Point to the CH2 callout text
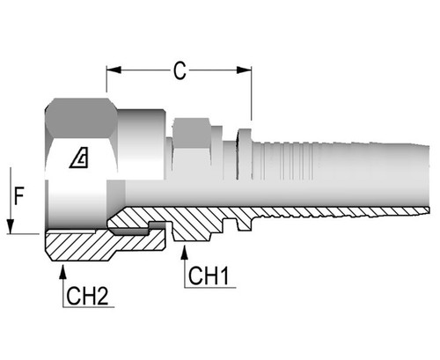(x=89, y=297)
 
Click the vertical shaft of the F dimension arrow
(x=10, y=198)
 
